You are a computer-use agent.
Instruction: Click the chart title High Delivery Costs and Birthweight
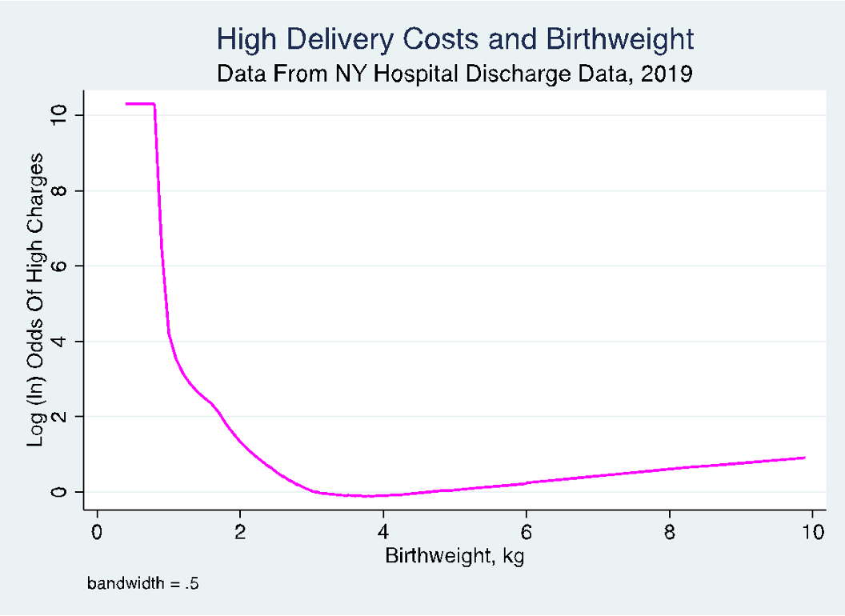coord(455,38)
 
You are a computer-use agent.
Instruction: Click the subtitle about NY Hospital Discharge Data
coord(455,74)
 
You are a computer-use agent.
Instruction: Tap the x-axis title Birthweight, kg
coord(455,556)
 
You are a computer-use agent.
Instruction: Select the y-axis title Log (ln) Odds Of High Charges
coord(36,298)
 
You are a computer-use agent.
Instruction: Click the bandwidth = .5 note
coord(142,584)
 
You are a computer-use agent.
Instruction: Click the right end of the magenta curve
coord(803,458)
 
